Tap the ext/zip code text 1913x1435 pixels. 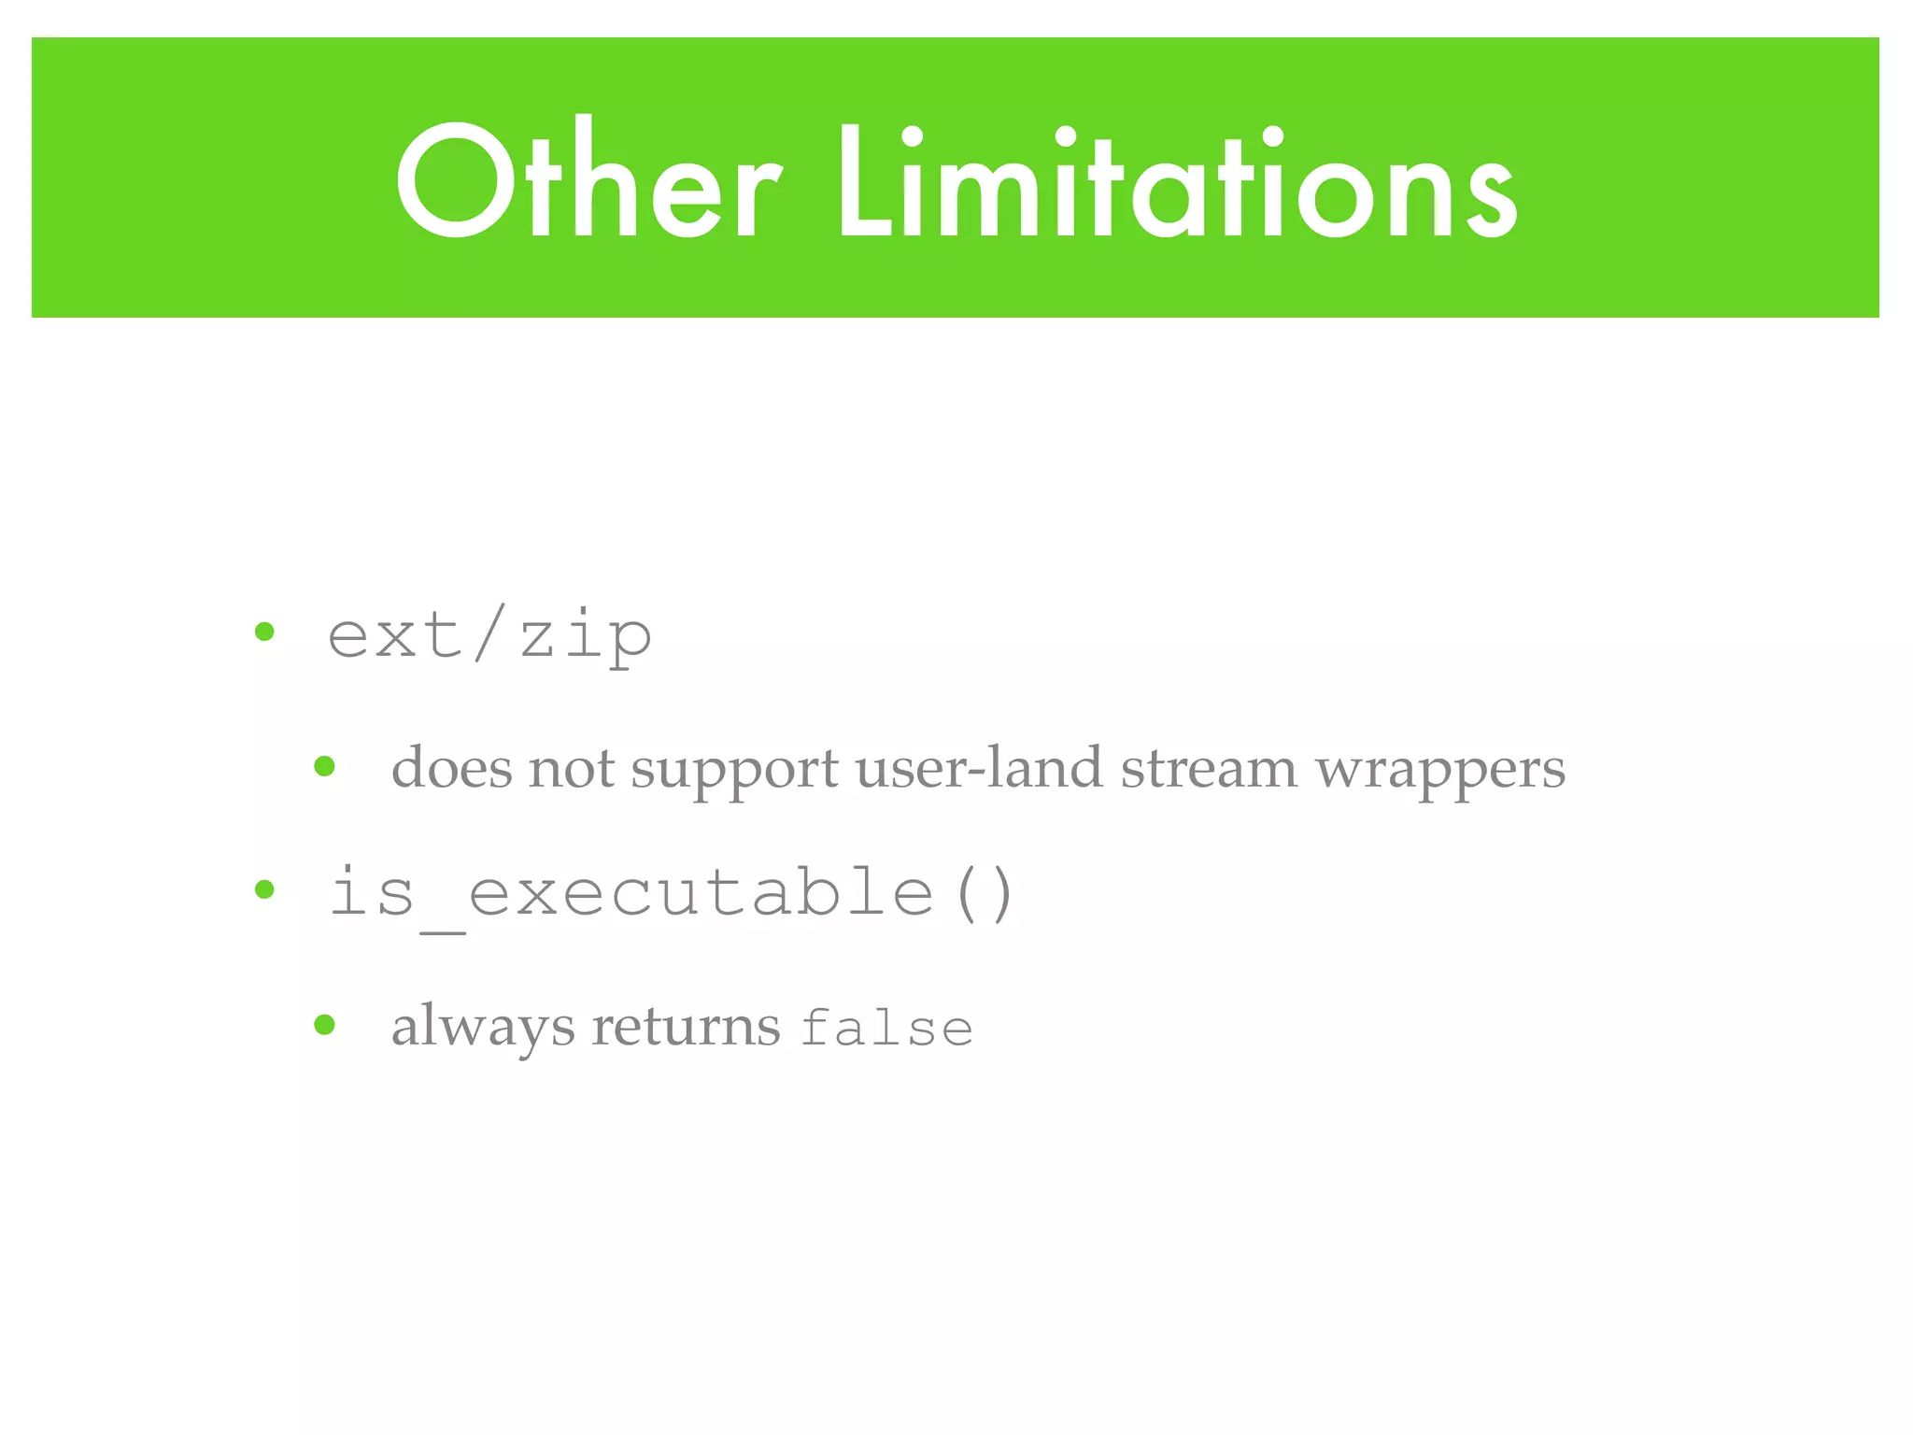[x=489, y=636]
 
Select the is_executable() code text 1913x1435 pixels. [x=671, y=893]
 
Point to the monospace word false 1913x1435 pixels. [x=886, y=1029]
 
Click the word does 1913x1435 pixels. [x=451, y=768]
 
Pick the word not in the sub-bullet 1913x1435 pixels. [x=571, y=768]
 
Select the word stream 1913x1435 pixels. [x=1209, y=768]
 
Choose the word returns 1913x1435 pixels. [x=686, y=1027]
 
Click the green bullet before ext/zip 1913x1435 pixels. [x=265, y=633]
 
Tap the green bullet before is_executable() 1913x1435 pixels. [x=265, y=889]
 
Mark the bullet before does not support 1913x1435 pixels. [x=324, y=767]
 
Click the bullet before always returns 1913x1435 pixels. [x=324, y=1025]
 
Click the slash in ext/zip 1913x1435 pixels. [x=489, y=632]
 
